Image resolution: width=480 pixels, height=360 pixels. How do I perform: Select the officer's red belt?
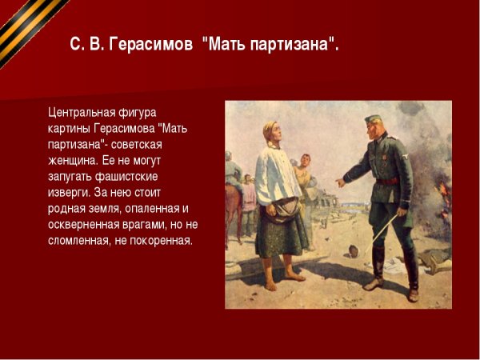point(387,182)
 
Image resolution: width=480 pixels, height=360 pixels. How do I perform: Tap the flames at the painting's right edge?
point(442,192)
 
